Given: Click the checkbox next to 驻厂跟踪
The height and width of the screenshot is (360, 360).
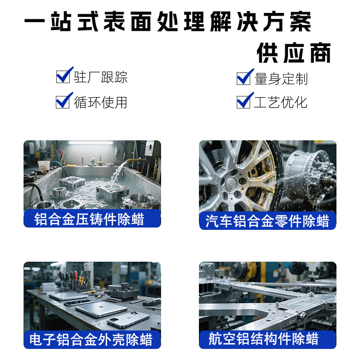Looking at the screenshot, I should [63, 77].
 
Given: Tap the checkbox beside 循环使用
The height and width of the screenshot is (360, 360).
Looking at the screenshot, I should [63, 102].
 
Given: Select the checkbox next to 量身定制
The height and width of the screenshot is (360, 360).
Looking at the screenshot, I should [244, 78].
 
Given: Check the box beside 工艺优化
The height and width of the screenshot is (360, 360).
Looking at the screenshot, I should [244, 102].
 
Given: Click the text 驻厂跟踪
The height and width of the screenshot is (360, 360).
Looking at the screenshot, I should [101, 77].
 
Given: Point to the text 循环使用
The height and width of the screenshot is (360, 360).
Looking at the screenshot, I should [101, 102].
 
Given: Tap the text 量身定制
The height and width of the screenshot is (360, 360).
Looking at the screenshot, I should [281, 78].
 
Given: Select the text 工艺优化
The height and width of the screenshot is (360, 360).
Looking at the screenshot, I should [281, 102].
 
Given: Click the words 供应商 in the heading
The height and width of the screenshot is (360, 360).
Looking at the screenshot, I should [294, 54].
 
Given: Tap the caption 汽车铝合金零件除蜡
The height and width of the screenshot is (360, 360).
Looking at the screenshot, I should [267, 221].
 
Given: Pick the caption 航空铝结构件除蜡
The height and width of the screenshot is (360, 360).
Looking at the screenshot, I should [264, 340].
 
